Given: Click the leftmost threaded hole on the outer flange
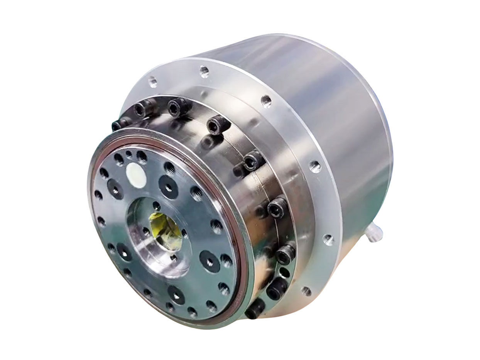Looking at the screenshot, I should click(x=152, y=81).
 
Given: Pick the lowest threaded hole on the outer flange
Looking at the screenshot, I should click(x=306, y=291).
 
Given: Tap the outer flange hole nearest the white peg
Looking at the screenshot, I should click(x=328, y=239).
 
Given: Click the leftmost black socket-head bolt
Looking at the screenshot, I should click(x=117, y=125).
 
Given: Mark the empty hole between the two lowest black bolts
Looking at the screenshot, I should click(x=284, y=273).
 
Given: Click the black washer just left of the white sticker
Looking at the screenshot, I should click(x=115, y=189).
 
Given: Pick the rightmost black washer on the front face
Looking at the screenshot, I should click(x=210, y=261).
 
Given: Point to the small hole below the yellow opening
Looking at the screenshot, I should click(x=174, y=257).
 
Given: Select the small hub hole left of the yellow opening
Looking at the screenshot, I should click(x=145, y=231).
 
